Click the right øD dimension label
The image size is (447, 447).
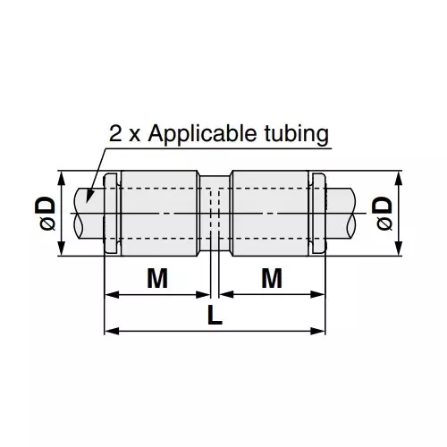[384, 215]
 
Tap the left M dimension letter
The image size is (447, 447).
[156, 279]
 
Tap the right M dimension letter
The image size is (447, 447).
[273, 279]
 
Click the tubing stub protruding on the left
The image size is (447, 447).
[87, 213]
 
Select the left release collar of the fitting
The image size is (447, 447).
[111, 213]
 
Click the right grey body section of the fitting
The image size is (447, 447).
[271, 213]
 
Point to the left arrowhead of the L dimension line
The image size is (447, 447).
[110, 332]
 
